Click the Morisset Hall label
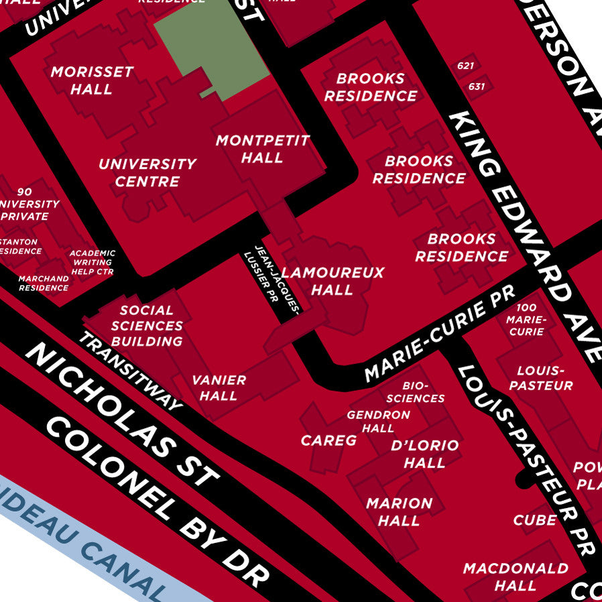click(92, 80)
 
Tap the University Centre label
click(147, 172)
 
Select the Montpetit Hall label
click(262, 149)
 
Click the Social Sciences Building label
click(147, 326)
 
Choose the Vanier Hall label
click(219, 387)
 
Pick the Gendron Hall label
click(378, 422)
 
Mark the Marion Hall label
click(400, 511)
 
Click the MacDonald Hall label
click(516, 577)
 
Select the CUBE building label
click(535, 520)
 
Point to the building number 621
click(466, 66)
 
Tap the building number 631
click(477, 86)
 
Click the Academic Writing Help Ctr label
click(93, 262)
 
